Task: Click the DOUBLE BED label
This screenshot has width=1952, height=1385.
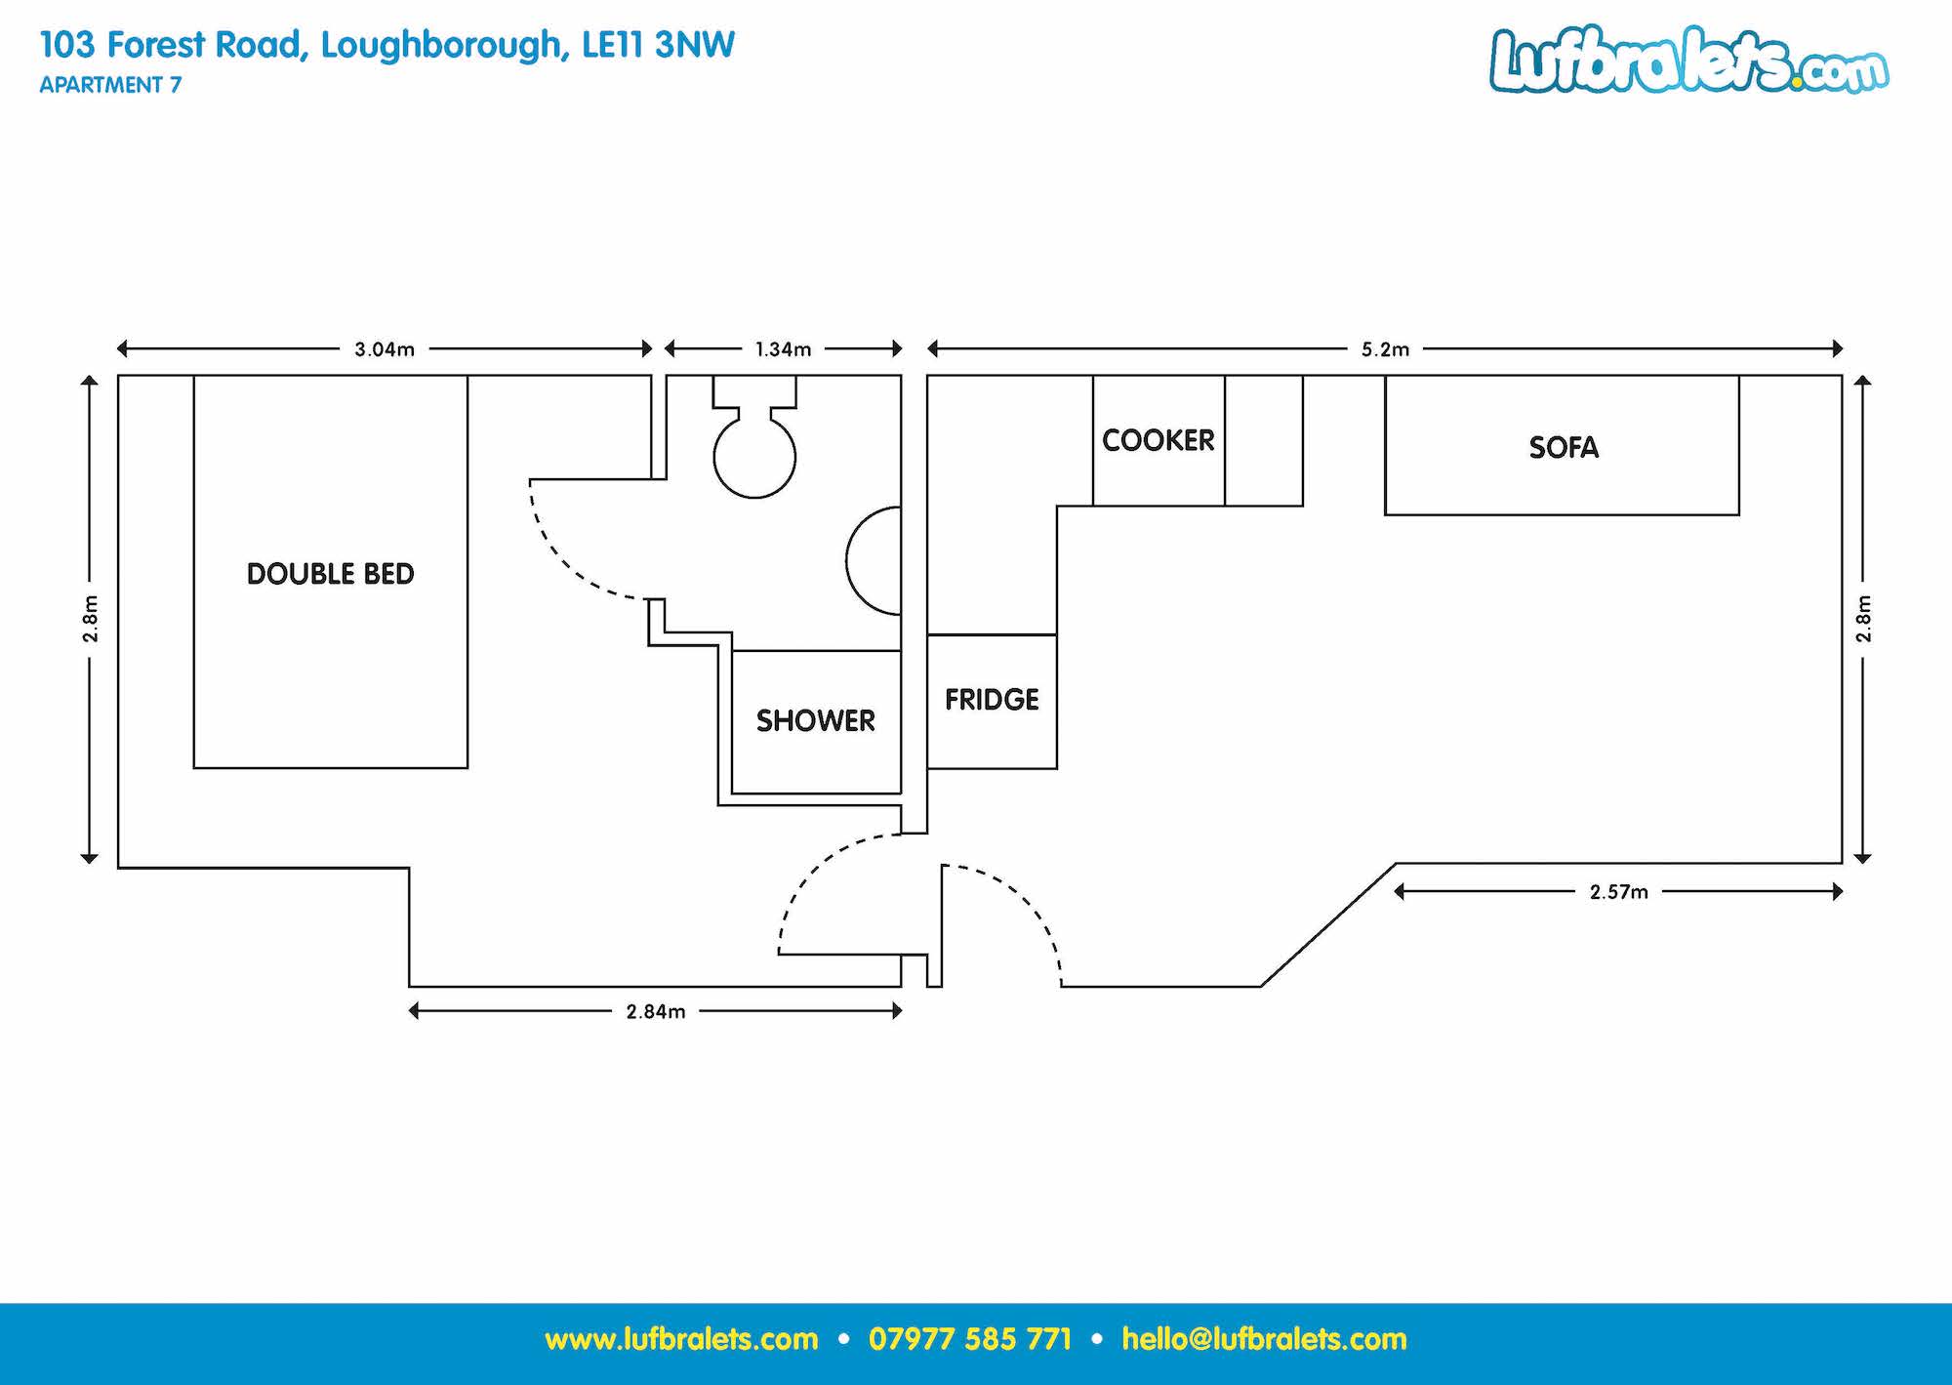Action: (330, 574)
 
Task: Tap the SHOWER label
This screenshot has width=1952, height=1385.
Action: (816, 721)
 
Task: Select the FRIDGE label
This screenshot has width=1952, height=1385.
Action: (992, 700)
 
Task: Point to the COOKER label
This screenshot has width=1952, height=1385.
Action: (1159, 440)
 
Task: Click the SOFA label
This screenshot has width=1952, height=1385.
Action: (1564, 447)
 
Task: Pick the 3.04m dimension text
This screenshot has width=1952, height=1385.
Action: (385, 349)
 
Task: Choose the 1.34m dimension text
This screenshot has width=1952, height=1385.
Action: (783, 349)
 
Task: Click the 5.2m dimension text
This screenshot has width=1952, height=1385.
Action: (1385, 349)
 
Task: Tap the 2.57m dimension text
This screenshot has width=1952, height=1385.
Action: (1619, 892)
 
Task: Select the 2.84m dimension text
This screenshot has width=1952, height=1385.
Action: (656, 1012)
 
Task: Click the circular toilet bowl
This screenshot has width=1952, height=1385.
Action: (754, 457)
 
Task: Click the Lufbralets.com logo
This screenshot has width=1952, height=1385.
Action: (1688, 61)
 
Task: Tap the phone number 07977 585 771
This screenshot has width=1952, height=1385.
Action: (970, 1339)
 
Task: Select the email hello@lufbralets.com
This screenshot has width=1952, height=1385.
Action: (1264, 1339)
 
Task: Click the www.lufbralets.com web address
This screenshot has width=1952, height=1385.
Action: (681, 1339)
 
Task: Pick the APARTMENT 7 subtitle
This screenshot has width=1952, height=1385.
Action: (110, 85)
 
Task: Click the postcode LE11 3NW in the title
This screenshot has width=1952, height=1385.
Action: (658, 45)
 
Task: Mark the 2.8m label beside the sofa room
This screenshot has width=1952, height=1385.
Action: (1863, 619)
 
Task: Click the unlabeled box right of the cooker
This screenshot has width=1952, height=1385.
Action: (1264, 440)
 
